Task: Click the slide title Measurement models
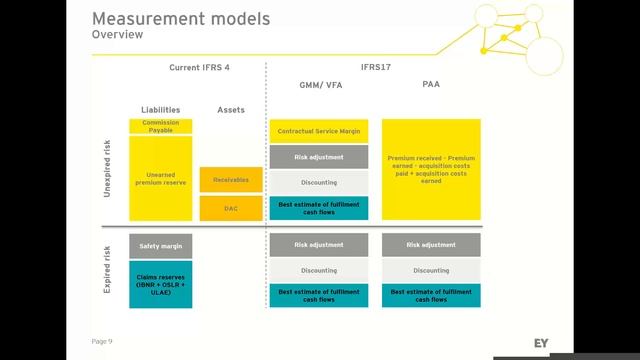click(181, 19)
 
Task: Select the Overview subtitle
click(117, 35)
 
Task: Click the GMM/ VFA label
click(319, 86)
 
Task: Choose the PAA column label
click(431, 85)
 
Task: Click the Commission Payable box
click(160, 126)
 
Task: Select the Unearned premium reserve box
click(160, 177)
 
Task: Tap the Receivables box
click(231, 180)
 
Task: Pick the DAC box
click(231, 208)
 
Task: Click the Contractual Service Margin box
click(319, 131)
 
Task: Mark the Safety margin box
click(160, 245)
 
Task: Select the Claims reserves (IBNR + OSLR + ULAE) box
click(160, 283)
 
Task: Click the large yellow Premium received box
click(431, 170)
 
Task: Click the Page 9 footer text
click(102, 341)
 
